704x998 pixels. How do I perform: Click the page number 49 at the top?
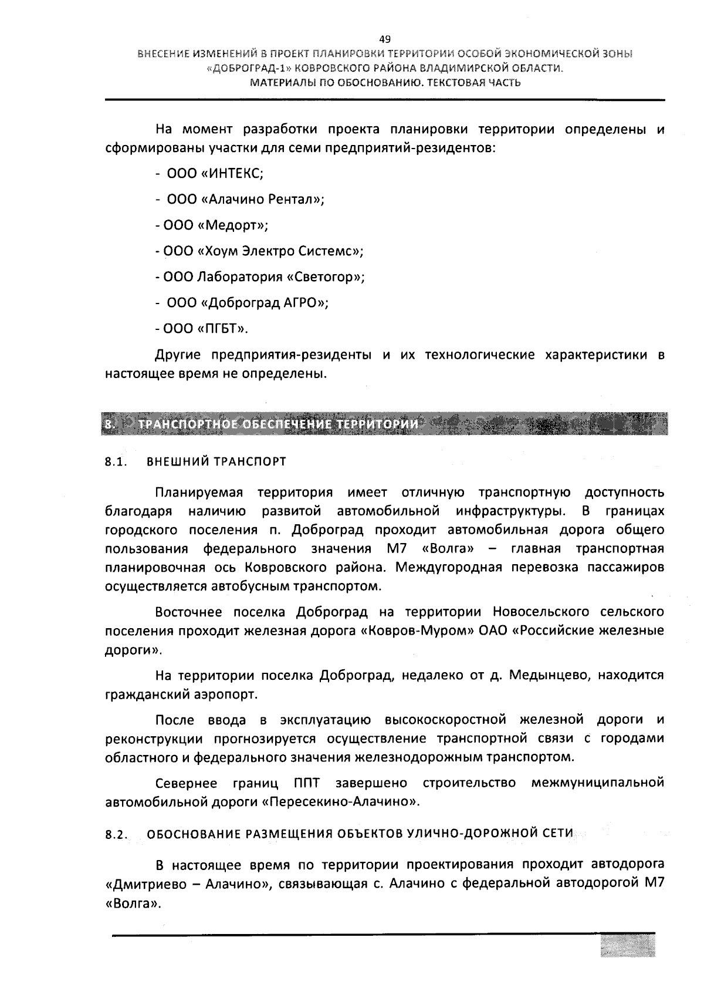click(385, 40)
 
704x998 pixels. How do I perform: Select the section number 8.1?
click(116, 462)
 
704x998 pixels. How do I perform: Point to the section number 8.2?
click(116, 835)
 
